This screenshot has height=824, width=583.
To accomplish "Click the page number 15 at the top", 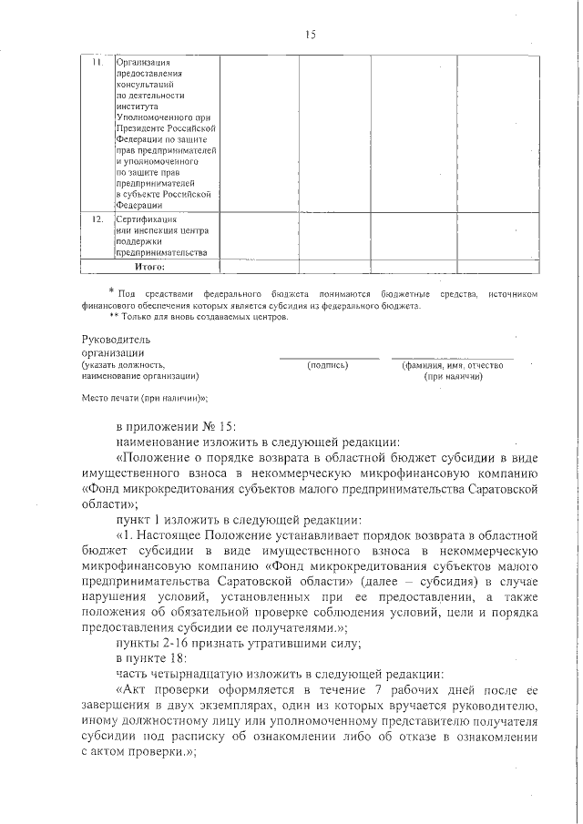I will tap(310, 35).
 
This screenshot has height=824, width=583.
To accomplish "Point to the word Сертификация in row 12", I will tap(146, 219).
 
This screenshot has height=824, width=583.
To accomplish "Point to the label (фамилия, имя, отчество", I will tap(452, 365).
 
